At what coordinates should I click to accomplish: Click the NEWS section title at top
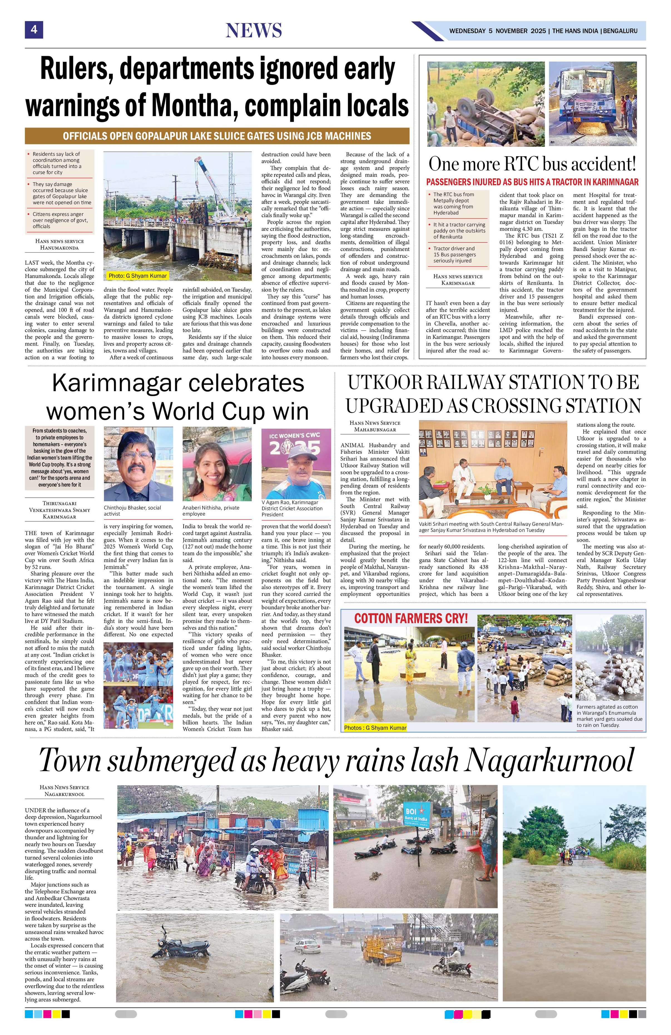click(254, 31)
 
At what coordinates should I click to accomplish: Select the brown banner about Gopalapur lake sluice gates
click(217, 136)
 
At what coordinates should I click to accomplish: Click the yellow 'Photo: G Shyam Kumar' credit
click(137, 276)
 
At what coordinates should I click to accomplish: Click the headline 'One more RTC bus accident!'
click(532, 164)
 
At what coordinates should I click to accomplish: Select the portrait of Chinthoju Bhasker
click(138, 464)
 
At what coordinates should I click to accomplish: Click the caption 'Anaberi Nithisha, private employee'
click(211, 510)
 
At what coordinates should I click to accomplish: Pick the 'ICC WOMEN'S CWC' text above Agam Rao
click(296, 436)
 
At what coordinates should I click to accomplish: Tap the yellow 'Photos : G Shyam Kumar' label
click(375, 728)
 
